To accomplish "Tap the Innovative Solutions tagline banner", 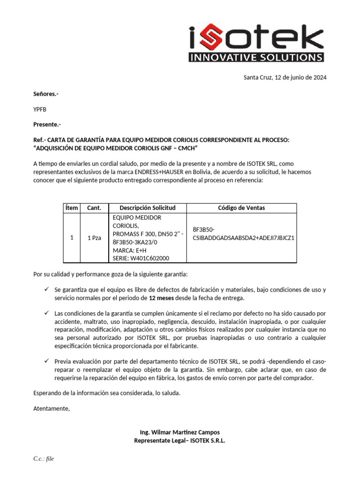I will coord(256,58).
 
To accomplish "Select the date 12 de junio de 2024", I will coord(300,77).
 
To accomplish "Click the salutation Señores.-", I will coord(46,94).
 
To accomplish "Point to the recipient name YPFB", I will coord(40,109).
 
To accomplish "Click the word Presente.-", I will coord(47,125).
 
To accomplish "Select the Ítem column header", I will coord(72,208).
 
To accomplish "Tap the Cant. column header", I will coord(94,208).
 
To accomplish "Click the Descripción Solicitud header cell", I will coord(147,208).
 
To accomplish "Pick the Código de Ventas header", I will coord(241,208).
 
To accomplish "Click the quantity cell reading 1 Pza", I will coord(94,238).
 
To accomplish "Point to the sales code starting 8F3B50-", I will coord(243,233).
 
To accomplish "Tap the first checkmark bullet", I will coord(46,289).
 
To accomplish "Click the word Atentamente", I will coord(52,409).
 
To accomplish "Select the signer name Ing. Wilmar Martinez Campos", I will coord(180,432).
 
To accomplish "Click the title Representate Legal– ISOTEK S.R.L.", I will coord(180,441).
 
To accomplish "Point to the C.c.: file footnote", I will coord(44,458).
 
